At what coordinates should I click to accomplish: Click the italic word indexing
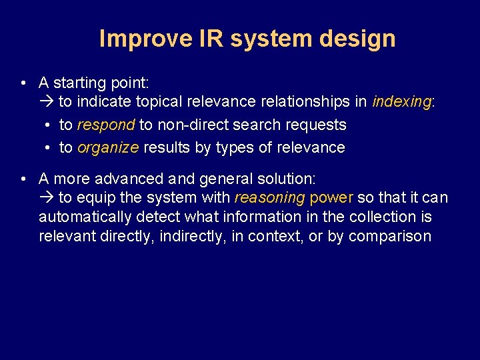coord(402,102)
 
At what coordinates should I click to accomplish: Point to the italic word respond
coord(106,125)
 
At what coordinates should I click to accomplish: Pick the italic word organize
coord(108,147)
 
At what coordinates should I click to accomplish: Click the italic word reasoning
coord(269,198)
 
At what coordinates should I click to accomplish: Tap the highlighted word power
coord(332,198)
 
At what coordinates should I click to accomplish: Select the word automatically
coord(85,217)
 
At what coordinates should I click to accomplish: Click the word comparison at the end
coord(389,236)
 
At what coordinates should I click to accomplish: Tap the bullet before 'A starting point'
coord(23,83)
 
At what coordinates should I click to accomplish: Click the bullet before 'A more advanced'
coord(23,179)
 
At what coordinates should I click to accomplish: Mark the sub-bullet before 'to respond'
coord(49,125)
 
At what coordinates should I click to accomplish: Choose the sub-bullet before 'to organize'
coord(49,147)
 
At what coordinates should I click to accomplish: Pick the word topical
coord(160,102)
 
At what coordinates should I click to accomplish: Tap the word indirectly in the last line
coord(194,236)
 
